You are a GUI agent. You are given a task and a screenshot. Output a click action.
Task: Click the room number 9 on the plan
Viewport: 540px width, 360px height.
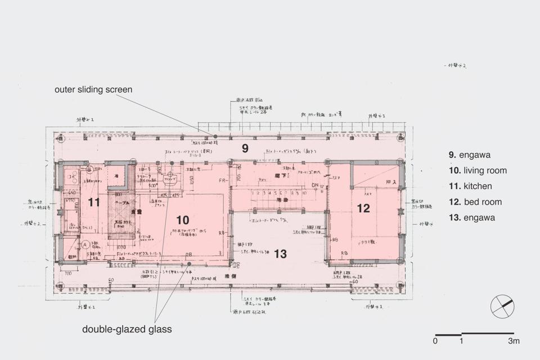pyautogui.click(x=245, y=148)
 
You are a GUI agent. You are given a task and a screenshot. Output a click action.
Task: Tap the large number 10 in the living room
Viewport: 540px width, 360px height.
pyautogui.click(x=182, y=219)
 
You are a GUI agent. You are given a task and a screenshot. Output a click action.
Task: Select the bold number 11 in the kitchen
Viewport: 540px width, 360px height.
pyautogui.click(x=94, y=201)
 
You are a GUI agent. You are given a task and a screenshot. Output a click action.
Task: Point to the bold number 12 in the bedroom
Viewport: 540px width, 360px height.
pyautogui.click(x=363, y=208)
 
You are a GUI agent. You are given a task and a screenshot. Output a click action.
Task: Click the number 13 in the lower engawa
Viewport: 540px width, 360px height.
pyautogui.click(x=280, y=254)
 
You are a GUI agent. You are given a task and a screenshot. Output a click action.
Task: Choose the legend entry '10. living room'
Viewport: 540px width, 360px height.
pyautogui.click(x=478, y=170)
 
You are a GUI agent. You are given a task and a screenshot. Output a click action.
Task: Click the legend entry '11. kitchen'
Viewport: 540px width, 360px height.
pyautogui.click(x=470, y=186)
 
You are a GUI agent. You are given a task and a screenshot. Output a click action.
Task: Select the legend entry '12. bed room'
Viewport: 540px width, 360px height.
pyautogui.click(x=475, y=202)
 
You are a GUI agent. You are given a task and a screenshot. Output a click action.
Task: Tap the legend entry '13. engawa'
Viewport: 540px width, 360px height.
pyautogui.click(x=472, y=218)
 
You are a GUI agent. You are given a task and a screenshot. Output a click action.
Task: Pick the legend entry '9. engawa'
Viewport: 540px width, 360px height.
pyautogui.click(x=470, y=155)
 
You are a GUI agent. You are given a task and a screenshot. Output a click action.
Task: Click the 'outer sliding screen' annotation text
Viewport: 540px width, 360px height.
pyautogui.click(x=93, y=89)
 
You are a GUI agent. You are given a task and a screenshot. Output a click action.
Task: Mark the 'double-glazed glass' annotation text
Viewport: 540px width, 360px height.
pyautogui.click(x=127, y=329)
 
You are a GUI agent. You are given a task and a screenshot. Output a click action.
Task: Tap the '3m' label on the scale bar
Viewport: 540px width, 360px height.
pyautogui.click(x=514, y=341)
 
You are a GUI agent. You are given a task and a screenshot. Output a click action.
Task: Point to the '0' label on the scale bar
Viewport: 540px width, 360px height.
pyautogui.click(x=435, y=341)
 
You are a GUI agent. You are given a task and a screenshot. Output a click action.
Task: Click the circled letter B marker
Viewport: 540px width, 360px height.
pyautogui.click(x=89, y=169)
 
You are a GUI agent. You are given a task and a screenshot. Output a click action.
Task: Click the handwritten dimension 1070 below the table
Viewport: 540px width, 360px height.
pyautogui.click(x=121, y=246)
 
